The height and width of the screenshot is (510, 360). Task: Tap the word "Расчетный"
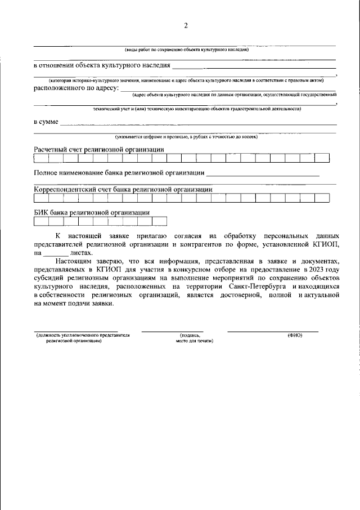pyautogui.click(x=51, y=150)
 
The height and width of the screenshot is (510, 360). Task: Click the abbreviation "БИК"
pyautogui.click(x=42, y=212)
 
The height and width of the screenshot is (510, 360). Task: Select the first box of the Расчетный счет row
pyautogui.click(x=41, y=158)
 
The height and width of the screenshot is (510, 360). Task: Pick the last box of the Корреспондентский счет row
pyautogui.click(x=322, y=198)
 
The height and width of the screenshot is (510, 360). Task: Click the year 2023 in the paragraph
pyautogui.click(x=314, y=270)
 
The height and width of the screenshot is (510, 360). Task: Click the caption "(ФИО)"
pyautogui.click(x=295, y=335)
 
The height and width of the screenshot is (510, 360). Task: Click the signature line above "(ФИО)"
pyautogui.click(x=273, y=331)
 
